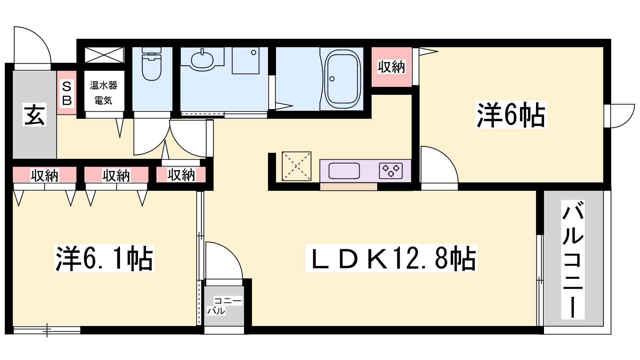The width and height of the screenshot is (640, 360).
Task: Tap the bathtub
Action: [x=342, y=79]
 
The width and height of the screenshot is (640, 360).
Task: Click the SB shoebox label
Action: [x=67, y=93]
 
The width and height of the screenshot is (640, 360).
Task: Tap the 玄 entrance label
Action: [x=35, y=115]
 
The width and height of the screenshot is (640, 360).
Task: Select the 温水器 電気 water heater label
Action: [x=104, y=93]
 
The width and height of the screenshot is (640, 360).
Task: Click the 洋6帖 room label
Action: [x=511, y=115]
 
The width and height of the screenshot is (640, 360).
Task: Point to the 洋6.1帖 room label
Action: [x=104, y=258]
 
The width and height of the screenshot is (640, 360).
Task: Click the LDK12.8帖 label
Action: [x=391, y=258]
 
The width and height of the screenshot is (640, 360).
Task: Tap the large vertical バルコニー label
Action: [x=573, y=259]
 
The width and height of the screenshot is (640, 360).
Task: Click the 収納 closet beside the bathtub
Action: [x=391, y=67]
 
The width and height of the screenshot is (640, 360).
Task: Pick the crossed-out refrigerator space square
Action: [x=296, y=166]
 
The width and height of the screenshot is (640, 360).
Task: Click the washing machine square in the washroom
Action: [x=245, y=60]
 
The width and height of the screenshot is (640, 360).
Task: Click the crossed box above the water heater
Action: [x=104, y=55]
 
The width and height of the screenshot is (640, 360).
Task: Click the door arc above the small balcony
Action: [x=224, y=260]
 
